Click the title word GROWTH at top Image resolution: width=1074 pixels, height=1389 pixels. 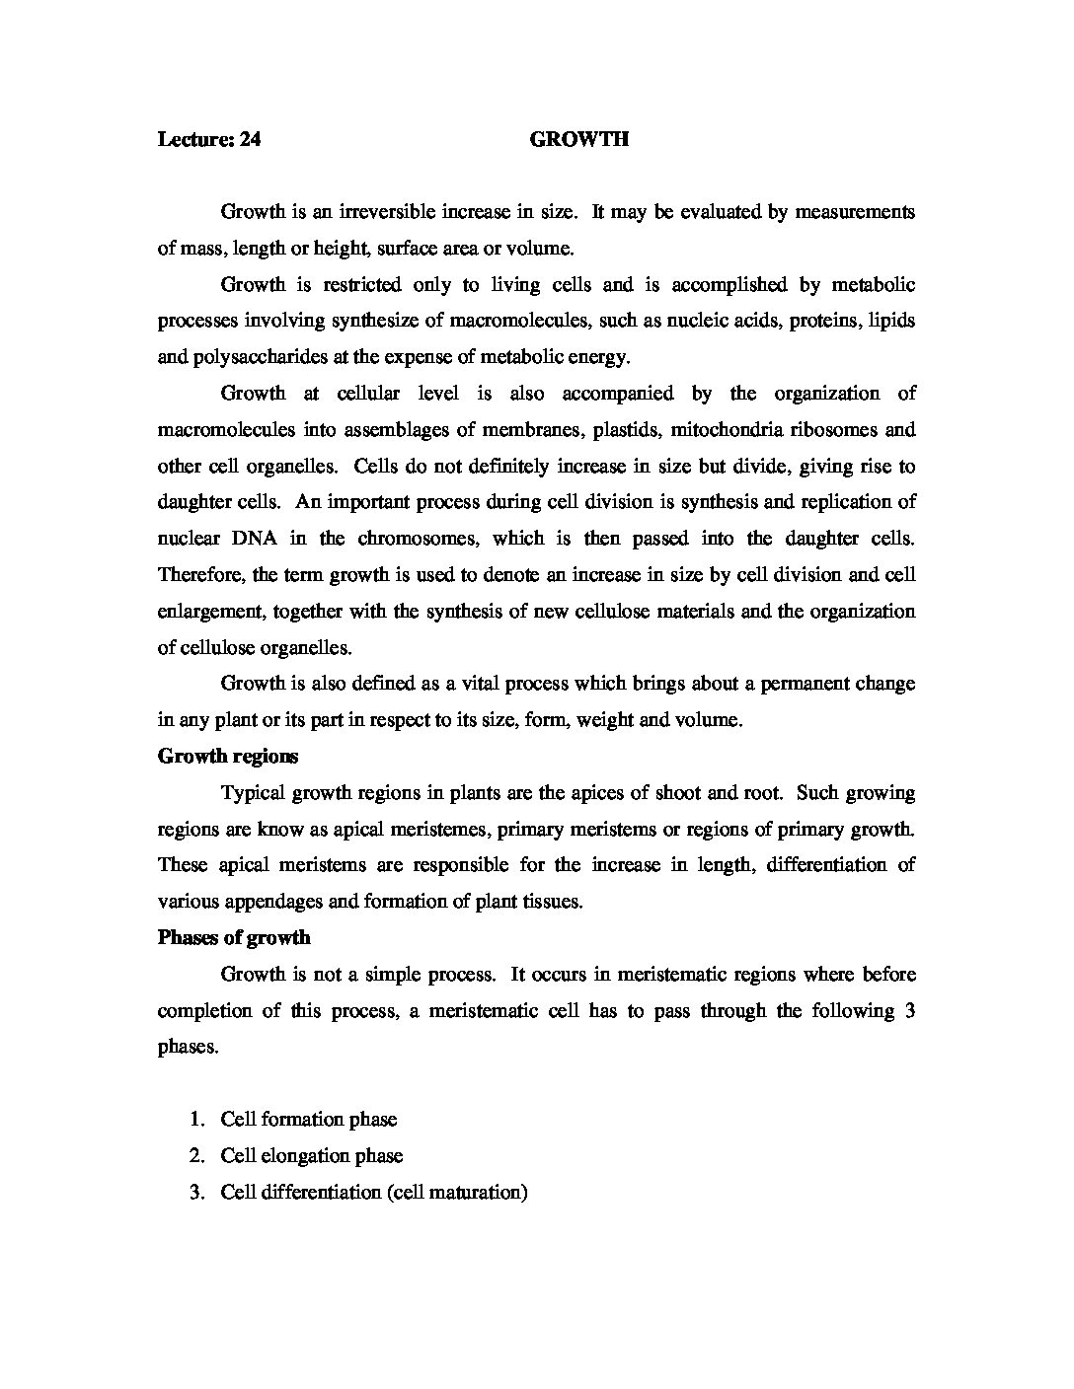(x=578, y=139)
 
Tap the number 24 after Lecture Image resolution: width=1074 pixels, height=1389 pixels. (x=250, y=139)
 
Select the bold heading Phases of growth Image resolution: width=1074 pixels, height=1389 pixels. (x=234, y=937)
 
